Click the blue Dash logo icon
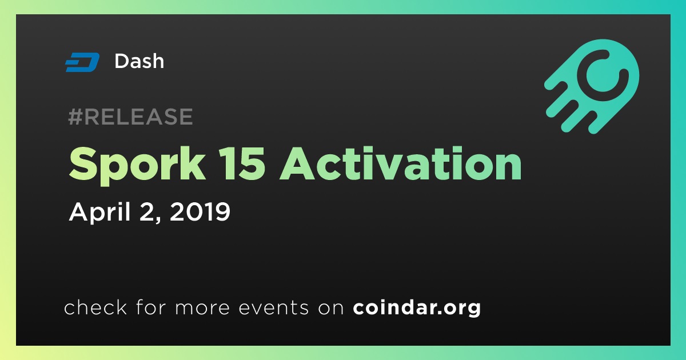tap(82, 62)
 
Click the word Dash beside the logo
tap(139, 61)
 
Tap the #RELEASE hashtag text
tap(130, 117)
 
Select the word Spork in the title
tap(137, 165)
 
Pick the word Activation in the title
tap(401, 163)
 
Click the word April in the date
tap(100, 212)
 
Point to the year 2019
tap(200, 211)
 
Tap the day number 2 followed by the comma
tap(150, 213)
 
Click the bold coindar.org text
tap(417, 308)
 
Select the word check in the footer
tap(95, 307)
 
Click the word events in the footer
tap(273, 307)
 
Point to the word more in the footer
tap(202, 308)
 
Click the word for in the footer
tap(151, 307)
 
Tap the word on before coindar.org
tap(331, 308)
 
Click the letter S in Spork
tap(83, 164)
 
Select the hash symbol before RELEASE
tap(75, 117)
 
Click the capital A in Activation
tap(297, 164)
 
